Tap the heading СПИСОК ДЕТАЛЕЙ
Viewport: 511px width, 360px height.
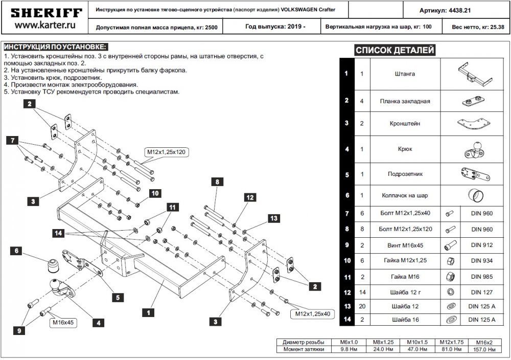394,50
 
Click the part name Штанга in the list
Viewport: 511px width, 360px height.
405,74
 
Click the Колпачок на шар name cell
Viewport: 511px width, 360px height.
405,195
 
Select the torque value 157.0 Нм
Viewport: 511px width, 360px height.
484,349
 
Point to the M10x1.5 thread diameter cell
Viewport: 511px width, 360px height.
416,342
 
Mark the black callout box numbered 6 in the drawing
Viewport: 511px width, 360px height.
16,251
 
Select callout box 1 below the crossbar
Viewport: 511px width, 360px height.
148,311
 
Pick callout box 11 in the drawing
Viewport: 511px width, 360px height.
172,207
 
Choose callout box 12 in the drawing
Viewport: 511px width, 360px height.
249,197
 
